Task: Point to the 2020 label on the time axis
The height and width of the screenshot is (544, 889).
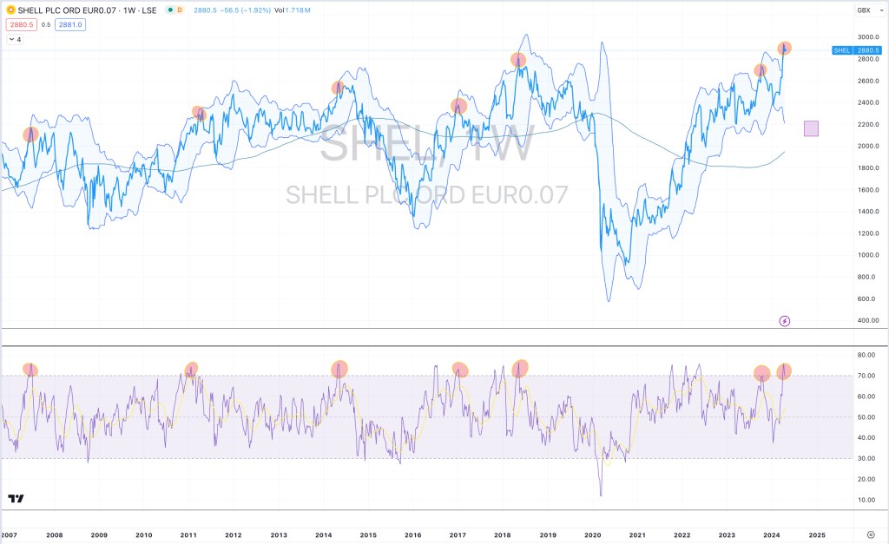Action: click(x=593, y=534)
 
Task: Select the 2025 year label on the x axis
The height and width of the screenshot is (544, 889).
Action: click(x=817, y=534)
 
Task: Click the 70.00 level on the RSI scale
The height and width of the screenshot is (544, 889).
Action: click(x=866, y=376)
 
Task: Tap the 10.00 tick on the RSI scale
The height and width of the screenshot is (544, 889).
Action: click(x=866, y=500)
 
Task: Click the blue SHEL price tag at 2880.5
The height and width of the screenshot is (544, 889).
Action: click(x=854, y=50)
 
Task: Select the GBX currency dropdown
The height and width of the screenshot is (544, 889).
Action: click(x=865, y=10)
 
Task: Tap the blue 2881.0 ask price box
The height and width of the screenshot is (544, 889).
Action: click(x=69, y=25)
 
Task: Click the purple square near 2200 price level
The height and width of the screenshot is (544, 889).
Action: click(x=812, y=128)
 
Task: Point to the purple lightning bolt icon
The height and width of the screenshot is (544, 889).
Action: click(x=785, y=321)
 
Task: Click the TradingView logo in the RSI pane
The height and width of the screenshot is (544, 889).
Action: click(x=16, y=498)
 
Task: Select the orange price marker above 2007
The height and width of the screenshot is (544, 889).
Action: click(x=30, y=134)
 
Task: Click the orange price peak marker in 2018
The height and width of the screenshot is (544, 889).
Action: click(x=518, y=60)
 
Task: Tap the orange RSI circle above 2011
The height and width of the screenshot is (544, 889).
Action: click(x=191, y=369)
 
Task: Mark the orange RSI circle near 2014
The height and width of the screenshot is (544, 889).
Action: click(x=339, y=368)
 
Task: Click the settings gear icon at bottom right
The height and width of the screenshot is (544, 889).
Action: click(x=871, y=534)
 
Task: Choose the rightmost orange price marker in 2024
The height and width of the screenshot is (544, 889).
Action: click(x=785, y=48)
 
